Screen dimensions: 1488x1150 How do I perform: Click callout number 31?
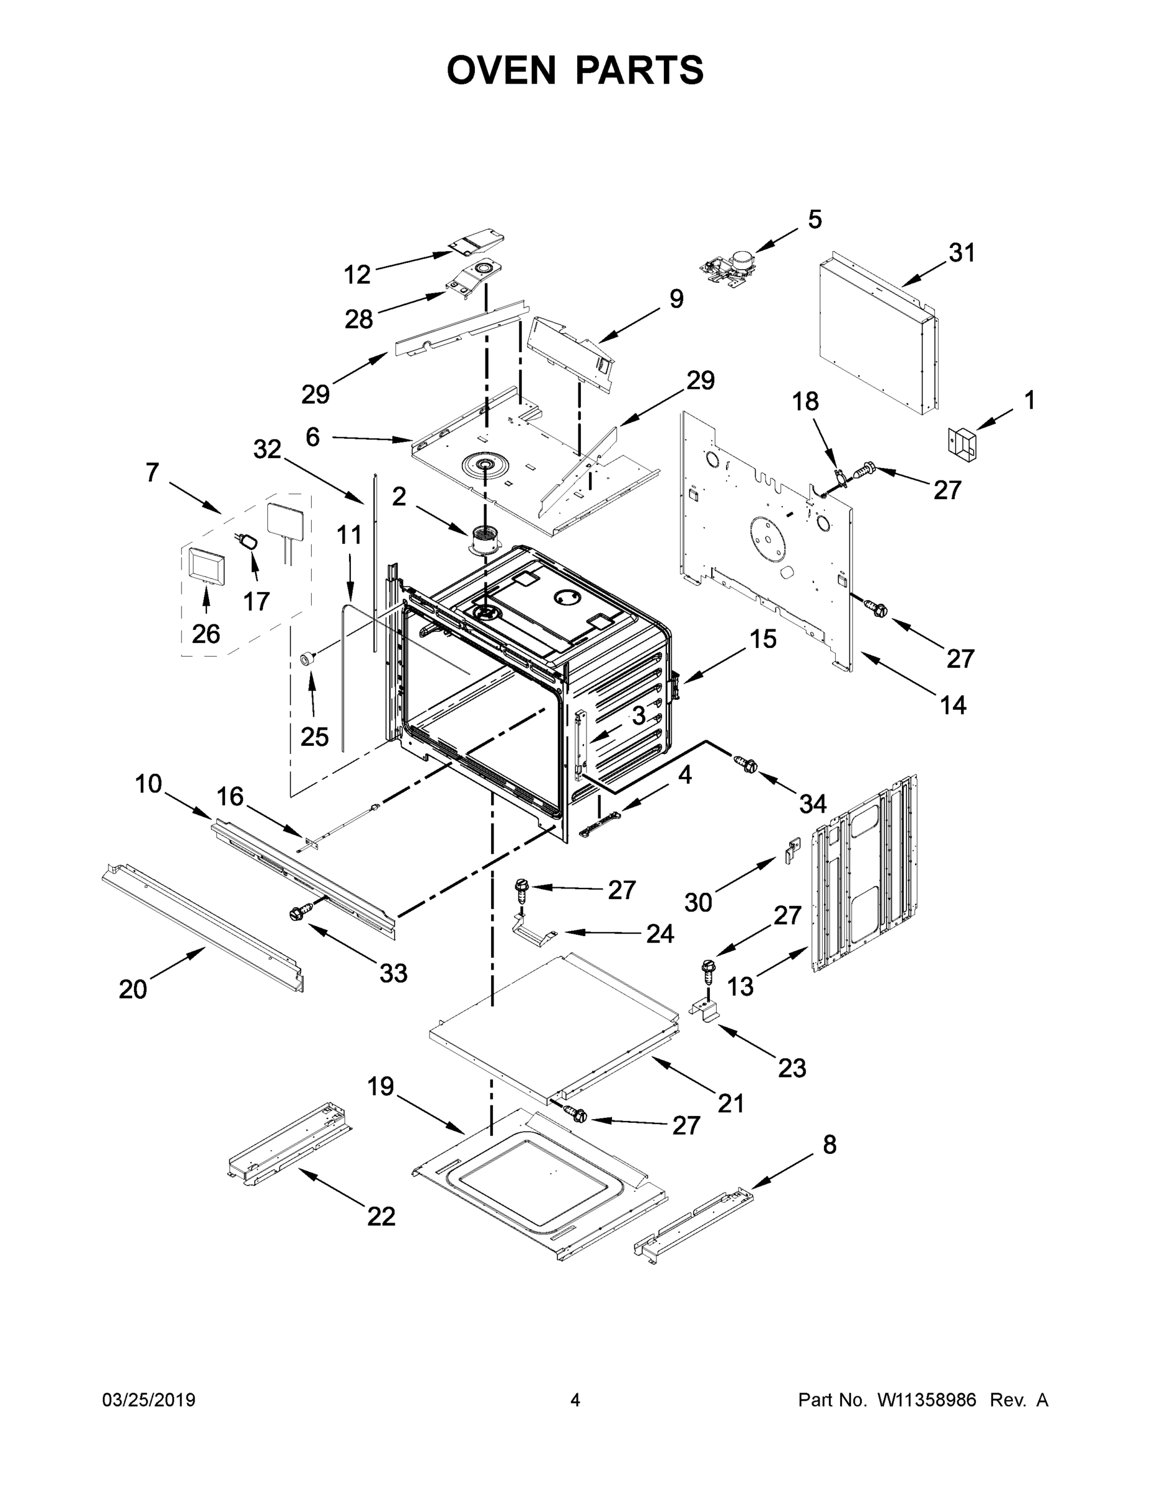coord(962,253)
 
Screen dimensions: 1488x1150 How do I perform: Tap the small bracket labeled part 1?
coord(962,443)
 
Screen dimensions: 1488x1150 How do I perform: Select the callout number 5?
coord(815,219)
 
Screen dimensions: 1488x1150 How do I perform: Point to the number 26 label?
coord(206,634)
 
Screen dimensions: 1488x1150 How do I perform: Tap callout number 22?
coord(381,1216)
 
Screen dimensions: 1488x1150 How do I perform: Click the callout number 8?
coord(829,1145)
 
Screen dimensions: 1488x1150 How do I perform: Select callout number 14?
coord(953,704)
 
